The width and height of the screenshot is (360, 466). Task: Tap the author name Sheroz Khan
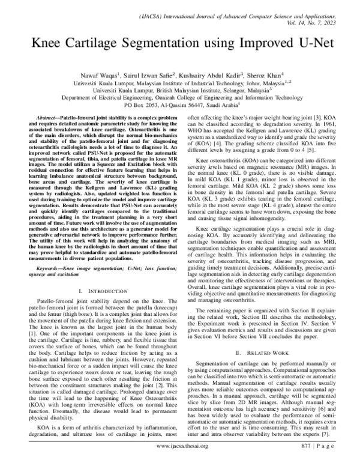point(245,76)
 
